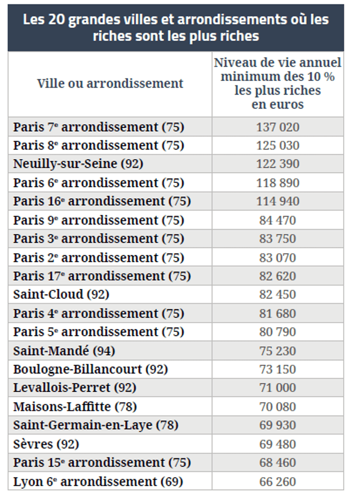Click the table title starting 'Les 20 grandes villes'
176,27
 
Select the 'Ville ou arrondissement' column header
110,83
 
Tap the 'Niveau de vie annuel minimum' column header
277,83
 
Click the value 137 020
277,127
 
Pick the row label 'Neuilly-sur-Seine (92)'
78,164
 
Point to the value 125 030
277,146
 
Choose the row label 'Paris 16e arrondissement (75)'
102,201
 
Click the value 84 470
277,220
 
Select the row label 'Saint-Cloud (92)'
61,294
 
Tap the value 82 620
277,276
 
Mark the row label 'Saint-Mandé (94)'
64,351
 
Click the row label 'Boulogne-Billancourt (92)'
90,370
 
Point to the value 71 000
277,388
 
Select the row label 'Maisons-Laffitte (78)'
74,407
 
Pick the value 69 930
277,425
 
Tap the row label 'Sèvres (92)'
46,444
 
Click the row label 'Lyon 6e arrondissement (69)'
98,481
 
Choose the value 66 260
277,481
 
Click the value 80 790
277,332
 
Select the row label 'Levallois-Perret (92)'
74,388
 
